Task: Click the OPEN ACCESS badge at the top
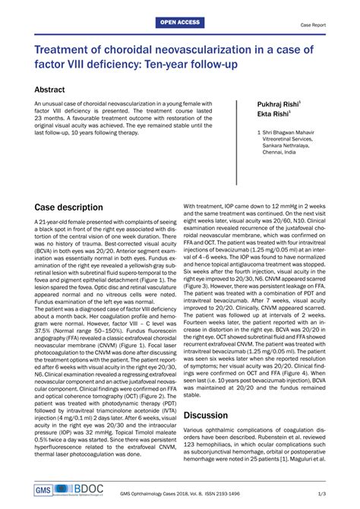pos(179,24)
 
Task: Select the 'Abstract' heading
pos(55,89)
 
